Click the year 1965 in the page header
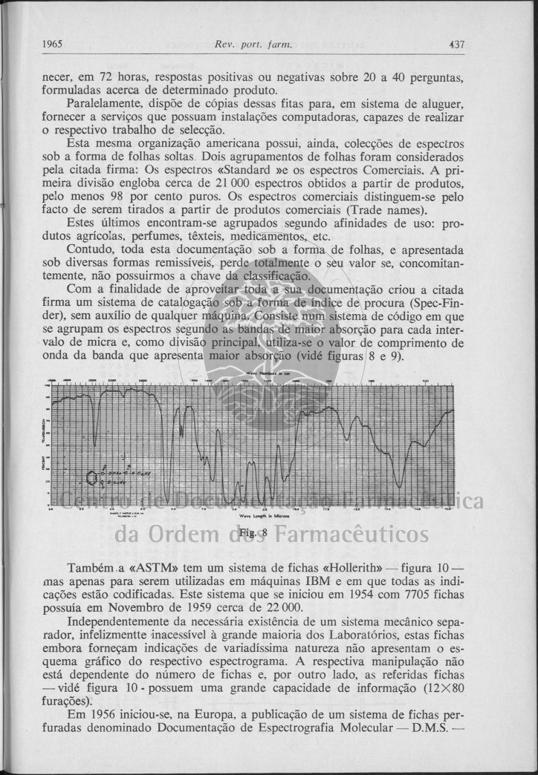(x=52, y=45)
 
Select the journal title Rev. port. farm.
(x=245, y=45)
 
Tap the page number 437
(x=457, y=45)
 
